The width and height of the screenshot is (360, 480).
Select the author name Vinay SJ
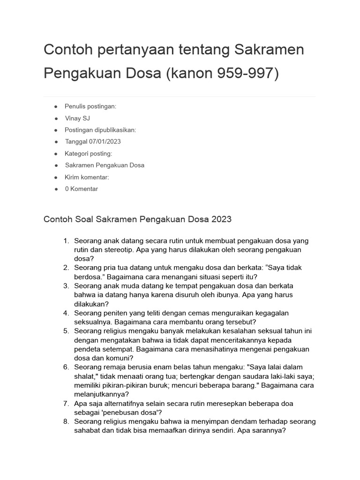click(77, 118)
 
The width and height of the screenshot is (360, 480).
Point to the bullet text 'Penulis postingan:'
click(90, 106)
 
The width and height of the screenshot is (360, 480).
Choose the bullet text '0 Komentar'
click(82, 189)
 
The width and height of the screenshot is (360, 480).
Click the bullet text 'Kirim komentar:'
click(87, 177)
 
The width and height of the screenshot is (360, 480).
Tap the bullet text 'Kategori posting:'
click(89, 153)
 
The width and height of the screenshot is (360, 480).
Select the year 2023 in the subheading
click(221, 219)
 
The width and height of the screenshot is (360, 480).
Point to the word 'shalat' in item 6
click(85, 376)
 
